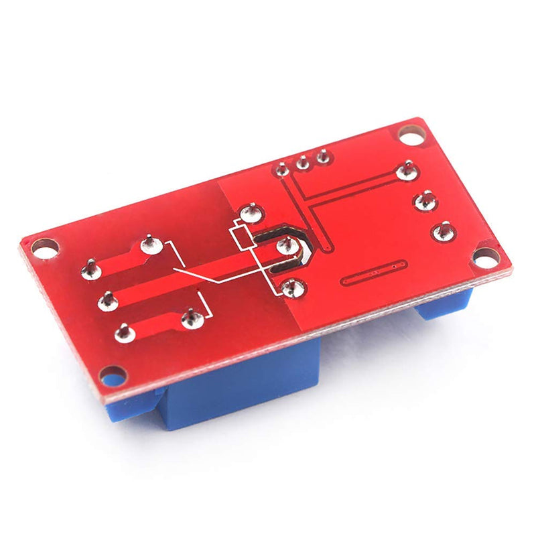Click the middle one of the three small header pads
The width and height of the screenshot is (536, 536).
coord(303,162)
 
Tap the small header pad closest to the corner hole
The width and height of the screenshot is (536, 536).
coord(324,157)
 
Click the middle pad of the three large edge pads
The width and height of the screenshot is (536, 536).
coord(425,200)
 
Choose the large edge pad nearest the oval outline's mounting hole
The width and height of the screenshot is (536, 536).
coord(444,231)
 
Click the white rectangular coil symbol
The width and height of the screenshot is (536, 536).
coord(240,236)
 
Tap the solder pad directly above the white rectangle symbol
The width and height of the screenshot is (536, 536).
coord(251,214)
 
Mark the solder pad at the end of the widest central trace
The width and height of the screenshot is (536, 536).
coord(107,301)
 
